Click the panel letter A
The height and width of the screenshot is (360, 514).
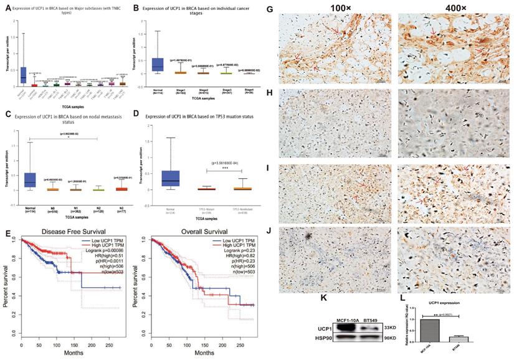(7, 8)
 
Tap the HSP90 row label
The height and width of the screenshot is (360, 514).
(315, 338)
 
